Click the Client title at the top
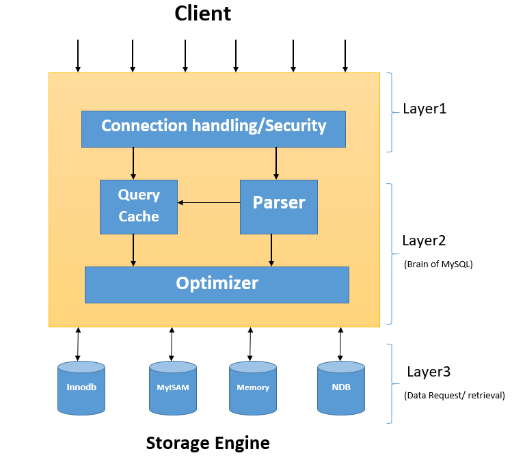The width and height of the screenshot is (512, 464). click(202, 13)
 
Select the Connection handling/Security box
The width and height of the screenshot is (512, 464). click(213, 128)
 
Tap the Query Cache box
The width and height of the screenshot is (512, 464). click(139, 206)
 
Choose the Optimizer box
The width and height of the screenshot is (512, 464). click(217, 284)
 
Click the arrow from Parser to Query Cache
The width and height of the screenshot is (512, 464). click(208, 202)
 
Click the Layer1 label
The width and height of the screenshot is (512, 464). click(424, 109)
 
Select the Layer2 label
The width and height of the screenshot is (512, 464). click(424, 241)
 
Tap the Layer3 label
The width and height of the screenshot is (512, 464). click(429, 372)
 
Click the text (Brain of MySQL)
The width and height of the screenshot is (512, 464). click(438, 263)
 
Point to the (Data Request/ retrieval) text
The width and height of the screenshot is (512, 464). click(454, 395)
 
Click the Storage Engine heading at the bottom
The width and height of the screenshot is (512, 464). click(208, 443)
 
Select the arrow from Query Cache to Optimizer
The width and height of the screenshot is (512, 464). click(133, 250)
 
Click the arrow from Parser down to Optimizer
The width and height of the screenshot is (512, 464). click(271, 250)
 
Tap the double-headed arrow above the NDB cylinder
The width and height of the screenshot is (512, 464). click(340, 344)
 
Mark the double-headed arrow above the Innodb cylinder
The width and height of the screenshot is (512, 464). click(78, 344)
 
